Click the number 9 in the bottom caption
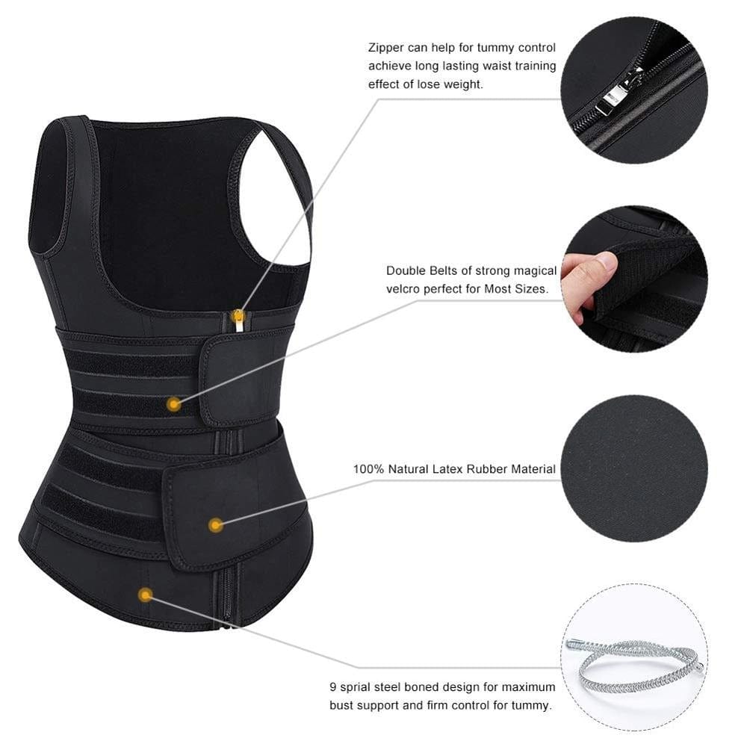[333, 686]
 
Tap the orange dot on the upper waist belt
[174, 404]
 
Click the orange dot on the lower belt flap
[216, 525]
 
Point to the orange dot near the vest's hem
[146, 595]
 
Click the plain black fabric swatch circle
[634, 468]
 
